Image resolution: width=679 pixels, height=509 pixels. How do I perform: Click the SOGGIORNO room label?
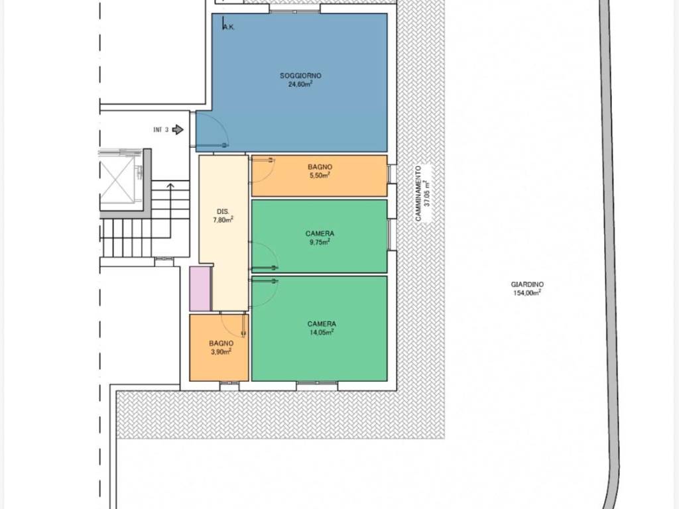pos(300,76)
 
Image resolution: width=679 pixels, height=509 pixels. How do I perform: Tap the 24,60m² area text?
pos(300,84)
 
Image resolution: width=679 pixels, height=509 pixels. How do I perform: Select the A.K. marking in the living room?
pos(229,27)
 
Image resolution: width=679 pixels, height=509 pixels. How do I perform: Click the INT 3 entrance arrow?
pos(178,129)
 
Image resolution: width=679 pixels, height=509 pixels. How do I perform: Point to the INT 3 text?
pos(160,129)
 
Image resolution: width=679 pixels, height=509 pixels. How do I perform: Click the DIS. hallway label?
pos(223,211)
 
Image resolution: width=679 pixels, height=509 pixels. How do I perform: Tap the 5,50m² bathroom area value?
pos(320,175)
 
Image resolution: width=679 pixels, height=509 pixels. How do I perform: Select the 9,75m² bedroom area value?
pos(320,242)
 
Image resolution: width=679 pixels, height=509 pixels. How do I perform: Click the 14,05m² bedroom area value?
pos(322,332)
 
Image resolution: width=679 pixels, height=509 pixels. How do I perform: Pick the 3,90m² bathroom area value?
pos(221,351)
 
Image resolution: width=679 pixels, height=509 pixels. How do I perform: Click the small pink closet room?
pos(200,288)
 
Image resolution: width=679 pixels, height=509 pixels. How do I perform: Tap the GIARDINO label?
pos(527,284)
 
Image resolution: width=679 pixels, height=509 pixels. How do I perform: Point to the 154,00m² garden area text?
pos(527,292)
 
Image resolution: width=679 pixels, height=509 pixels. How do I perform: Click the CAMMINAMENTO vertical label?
pos(418,194)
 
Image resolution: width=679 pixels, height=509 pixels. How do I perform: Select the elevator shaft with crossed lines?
pos(117,180)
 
